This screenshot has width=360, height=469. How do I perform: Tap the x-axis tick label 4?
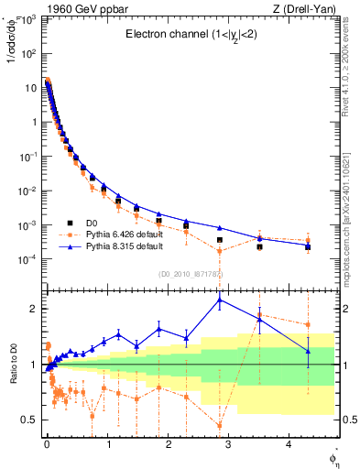tap(288, 445)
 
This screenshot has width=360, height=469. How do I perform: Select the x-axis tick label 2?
tap(167, 445)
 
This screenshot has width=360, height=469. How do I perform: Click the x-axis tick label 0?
tap(46, 445)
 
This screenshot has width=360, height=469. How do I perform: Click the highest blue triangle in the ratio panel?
tap(219, 300)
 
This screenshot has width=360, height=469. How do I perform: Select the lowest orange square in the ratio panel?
tap(219, 425)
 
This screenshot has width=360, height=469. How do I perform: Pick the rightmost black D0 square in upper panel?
tap(308, 247)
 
